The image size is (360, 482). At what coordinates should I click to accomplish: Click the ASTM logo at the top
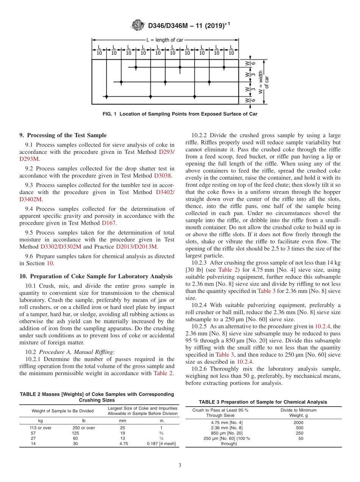(138, 25)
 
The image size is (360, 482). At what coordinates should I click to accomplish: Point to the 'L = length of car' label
(165, 40)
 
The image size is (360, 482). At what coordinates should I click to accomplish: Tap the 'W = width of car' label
(263, 81)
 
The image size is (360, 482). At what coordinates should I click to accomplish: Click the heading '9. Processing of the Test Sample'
(63, 135)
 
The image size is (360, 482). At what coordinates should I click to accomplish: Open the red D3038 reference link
(163, 175)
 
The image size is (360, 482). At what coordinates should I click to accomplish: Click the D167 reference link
(109, 223)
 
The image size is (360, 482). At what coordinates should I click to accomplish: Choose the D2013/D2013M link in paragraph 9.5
(136, 246)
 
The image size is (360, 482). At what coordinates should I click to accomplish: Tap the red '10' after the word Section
(50, 263)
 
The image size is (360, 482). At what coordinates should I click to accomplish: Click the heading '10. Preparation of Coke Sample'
(95, 276)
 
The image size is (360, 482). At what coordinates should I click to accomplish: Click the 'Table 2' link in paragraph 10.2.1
(163, 373)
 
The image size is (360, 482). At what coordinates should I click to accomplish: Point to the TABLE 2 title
(97, 397)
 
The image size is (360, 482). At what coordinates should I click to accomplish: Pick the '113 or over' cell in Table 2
(41, 428)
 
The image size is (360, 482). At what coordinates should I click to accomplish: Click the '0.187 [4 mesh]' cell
(161, 444)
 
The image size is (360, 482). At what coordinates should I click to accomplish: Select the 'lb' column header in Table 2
(84, 421)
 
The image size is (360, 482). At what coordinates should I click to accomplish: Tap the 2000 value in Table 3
(299, 423)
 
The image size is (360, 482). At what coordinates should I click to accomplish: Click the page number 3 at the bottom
(180, 466)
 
